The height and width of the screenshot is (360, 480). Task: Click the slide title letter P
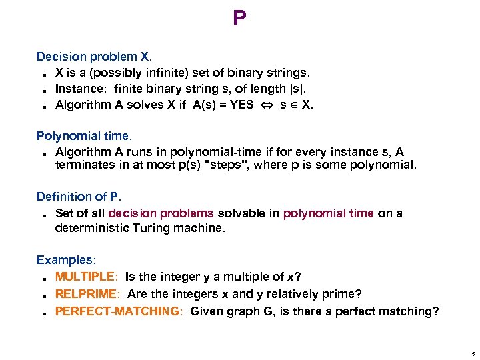(x=239, y=19)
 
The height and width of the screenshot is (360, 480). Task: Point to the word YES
(x=242, y=105)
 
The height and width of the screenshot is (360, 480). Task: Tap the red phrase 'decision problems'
(x=161, y=213)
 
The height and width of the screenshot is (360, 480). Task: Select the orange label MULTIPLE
(x=85, y=277)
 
